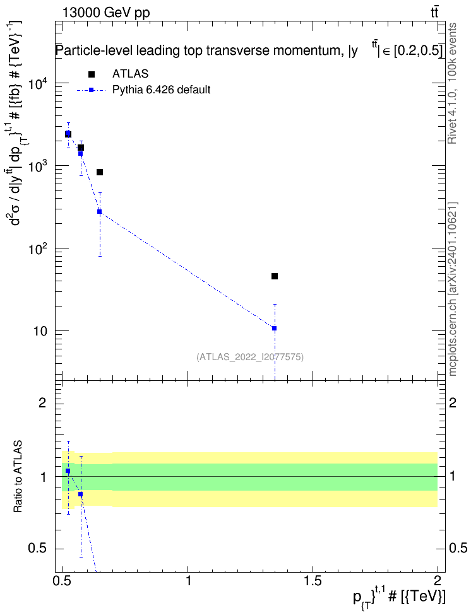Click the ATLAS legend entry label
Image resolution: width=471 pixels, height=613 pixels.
tap(130, 74)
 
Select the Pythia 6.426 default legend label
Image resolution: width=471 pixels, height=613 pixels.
tap(161, 90)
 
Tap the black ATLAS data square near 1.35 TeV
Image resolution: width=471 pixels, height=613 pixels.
tap(275, 276)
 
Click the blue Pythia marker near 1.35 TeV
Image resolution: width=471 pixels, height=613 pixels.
tap(275, 329)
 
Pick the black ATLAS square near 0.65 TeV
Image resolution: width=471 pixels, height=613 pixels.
tap(100, 172)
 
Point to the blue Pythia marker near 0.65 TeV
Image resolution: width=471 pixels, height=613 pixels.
tap(100, 211)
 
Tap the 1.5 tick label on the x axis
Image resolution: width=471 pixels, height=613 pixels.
tap(313, 581)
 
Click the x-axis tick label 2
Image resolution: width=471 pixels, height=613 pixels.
tap(438, 581)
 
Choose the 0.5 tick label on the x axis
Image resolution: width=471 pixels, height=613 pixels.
tap(63, 581)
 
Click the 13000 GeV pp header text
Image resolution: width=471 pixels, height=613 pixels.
tap(106, 13)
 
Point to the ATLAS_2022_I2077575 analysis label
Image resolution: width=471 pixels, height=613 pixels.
tap(250, 357)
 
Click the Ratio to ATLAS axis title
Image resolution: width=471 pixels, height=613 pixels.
tap(18, 477)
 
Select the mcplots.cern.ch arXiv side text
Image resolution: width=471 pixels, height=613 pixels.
tap(452, 289)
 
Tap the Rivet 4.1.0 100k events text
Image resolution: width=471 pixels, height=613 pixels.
tap(452, 83)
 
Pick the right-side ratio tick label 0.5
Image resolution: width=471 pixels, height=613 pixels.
tap(458, 549)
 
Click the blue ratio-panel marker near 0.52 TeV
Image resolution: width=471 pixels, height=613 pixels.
tap(68, 471)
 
